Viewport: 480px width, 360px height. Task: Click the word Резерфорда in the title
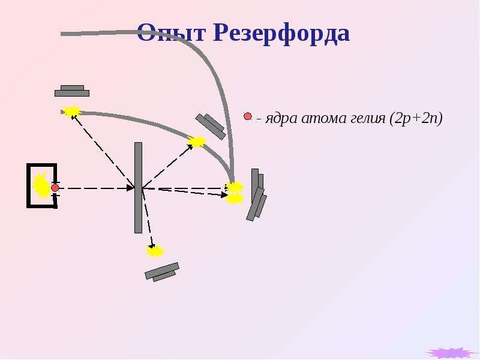coord(281,32)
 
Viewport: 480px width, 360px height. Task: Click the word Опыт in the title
coord(171,32)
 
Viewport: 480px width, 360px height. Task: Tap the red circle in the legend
coord(248,116)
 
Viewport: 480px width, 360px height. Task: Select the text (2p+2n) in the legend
coord(416,118)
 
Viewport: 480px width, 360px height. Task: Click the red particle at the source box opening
coord(55,188)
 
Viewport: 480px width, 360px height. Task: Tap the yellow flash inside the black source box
coord(40,185)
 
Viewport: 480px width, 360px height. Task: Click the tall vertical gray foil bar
coord(139,188)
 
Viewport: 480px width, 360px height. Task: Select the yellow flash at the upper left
coord(71,111)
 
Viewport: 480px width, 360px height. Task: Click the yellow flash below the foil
coord(155,251)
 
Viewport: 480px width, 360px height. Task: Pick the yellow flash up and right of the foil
coord(197,141)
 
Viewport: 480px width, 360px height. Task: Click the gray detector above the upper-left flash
coord(72,91)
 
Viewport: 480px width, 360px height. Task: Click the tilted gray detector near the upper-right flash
coord(211,127)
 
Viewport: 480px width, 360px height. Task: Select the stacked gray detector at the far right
coord(256,194)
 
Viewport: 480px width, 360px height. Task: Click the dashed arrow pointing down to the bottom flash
coord(147,218)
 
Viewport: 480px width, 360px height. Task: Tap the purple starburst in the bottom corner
coord(448,353)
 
